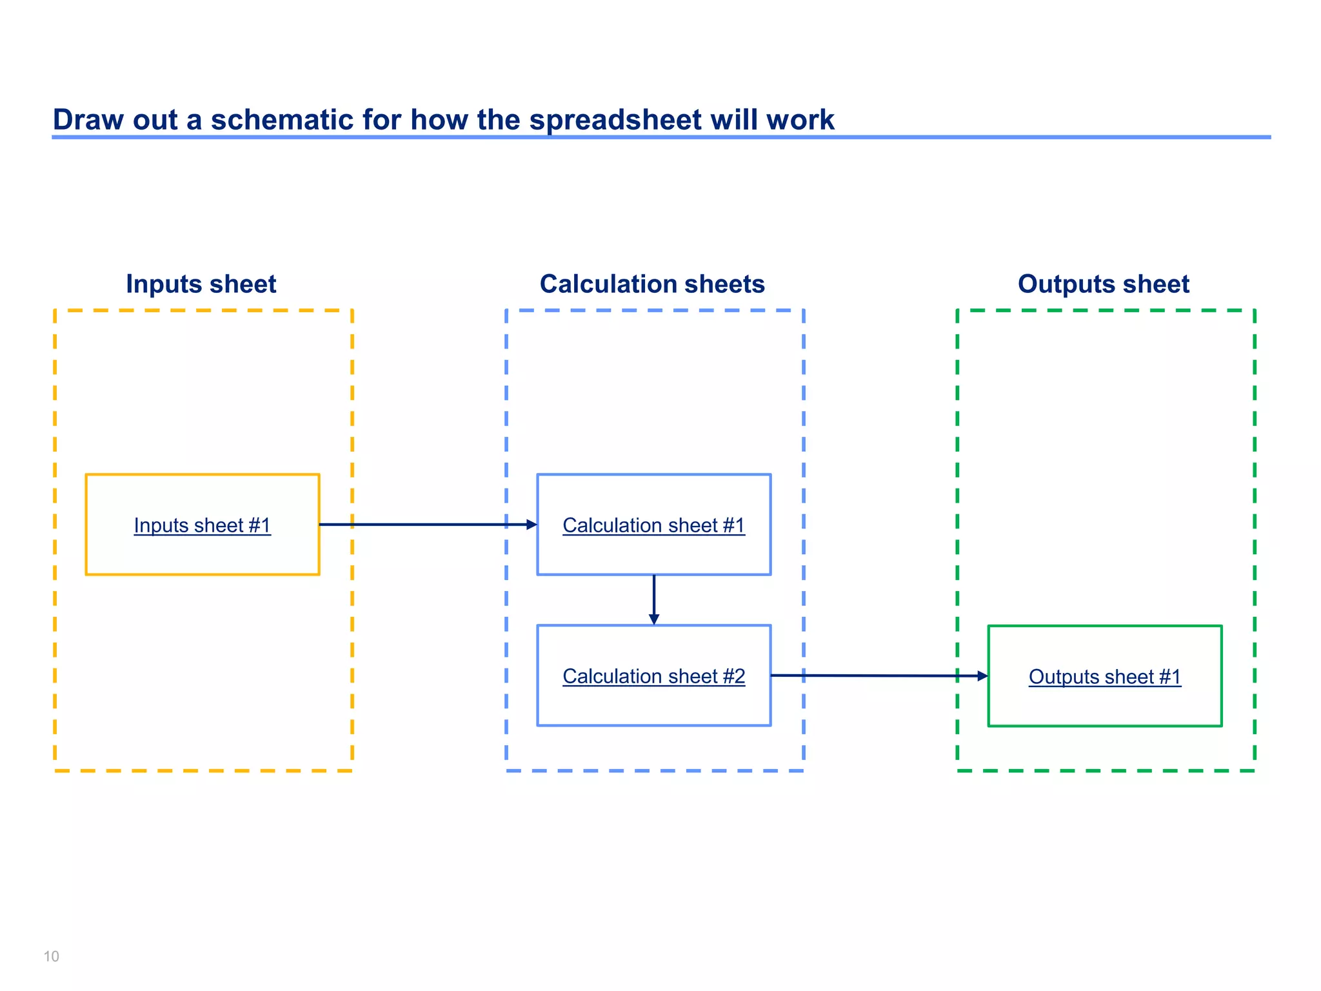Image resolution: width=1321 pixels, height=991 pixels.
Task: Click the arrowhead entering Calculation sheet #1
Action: (x=531, y=525)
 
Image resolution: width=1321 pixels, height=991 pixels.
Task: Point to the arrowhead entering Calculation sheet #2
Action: (x=653, y=619)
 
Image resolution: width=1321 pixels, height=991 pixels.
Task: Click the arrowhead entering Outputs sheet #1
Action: (x=982, y=676)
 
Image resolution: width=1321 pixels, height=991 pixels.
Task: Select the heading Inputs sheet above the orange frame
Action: (x=201, y=284)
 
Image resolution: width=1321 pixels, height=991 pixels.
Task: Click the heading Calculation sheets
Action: (x=652, y=284)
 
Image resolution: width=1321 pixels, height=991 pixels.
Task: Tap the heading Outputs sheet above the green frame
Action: (x=1103, y=284)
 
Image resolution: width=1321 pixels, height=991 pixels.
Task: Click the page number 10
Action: (x=51, y=956)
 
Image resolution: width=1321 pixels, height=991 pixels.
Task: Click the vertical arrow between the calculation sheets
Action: (x=653, y=597)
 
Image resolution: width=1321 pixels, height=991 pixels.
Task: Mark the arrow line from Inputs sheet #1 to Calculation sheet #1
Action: (x=426, y=525)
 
